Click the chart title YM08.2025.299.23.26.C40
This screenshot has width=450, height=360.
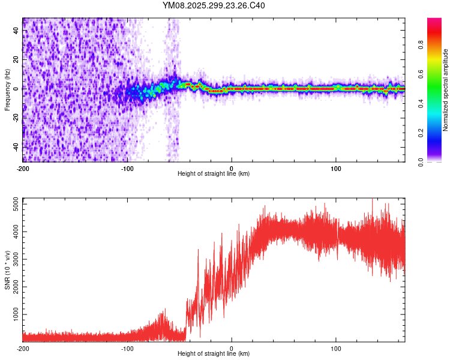coord(214,6)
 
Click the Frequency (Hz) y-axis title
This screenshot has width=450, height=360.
coord(7,89)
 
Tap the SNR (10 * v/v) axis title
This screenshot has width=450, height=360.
coord(7,269)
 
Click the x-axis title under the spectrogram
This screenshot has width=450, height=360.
coord(214,173)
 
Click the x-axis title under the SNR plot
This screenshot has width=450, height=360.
coord(214,353)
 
